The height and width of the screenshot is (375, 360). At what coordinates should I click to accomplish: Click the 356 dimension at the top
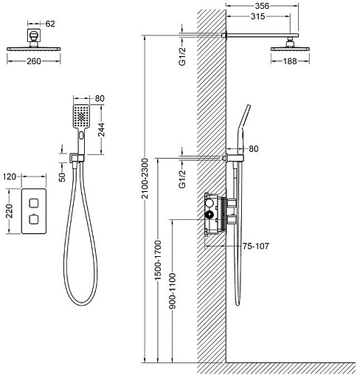click(262, 6)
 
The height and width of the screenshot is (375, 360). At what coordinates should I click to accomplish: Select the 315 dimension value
click(258, 16)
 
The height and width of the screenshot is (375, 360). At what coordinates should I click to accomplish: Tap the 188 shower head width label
click(290, 61)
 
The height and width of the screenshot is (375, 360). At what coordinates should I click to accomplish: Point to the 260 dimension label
click(34, 61)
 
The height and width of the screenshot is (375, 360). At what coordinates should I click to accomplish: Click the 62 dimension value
click(50, 24)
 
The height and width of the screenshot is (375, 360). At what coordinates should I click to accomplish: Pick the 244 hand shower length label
click(101, 129)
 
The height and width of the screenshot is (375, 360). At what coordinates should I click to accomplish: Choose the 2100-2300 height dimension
click(145, 178)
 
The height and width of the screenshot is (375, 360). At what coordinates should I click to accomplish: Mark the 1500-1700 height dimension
click(158, 260)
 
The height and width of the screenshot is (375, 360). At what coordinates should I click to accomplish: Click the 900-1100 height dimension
click(173, 291)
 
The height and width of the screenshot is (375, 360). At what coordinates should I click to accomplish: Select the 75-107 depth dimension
click(256, 246)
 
